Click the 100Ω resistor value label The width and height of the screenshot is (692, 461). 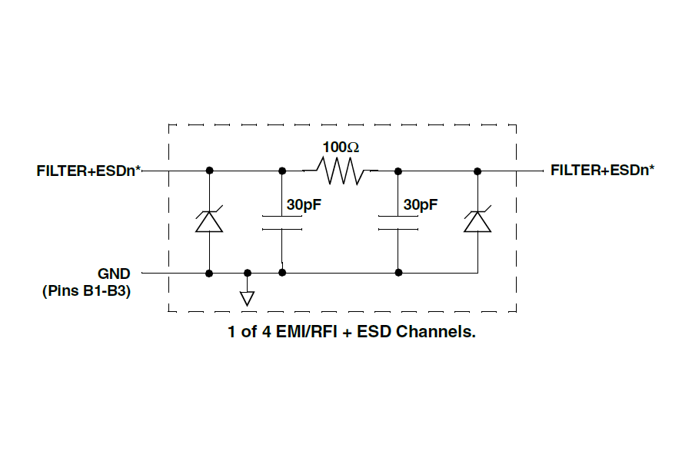[x=341, y=146]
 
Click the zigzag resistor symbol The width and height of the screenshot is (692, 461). [x=341, y=171]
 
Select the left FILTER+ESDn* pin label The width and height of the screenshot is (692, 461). [x=88, y=171]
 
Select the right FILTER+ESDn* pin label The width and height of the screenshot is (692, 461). [x=603, y=170]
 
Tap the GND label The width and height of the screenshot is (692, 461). [x=114, y=273]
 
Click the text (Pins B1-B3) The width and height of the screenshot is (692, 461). [x=86, y=291]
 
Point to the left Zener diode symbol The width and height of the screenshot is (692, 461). [x=209, y=221]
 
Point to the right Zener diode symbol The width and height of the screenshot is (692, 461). [x=477, y=221]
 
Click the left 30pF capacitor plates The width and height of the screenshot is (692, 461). [x=282, y=222]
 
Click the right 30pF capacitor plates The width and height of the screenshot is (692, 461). [x=398, y=222]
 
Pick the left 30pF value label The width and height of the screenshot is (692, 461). [x=304, y=205]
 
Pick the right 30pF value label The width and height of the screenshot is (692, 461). [x=421, y=205]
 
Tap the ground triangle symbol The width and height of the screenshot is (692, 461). [x=247, y=298]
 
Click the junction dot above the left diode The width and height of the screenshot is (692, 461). [x=209, y=170]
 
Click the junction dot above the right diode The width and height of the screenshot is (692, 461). [x=477, y=170]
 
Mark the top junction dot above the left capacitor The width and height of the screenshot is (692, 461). [x=282, y=170]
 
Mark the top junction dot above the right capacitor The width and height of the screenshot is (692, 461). [x=398, y=170]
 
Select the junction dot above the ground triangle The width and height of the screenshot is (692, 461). [x=247, y=272]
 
